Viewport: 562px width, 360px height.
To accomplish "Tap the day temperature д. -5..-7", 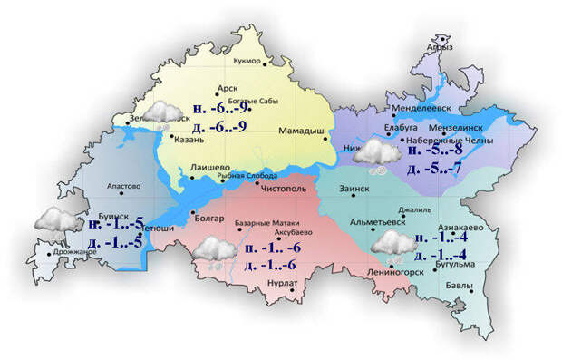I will (x=437, y=170).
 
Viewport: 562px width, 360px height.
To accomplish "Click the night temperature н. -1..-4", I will (x=441, y=238).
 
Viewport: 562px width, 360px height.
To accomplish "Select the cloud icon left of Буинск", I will (x=55, y=219).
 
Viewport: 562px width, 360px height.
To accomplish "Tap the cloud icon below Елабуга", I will (x=373, y=153).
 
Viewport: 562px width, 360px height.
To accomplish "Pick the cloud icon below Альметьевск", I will (x=392, y=243).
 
